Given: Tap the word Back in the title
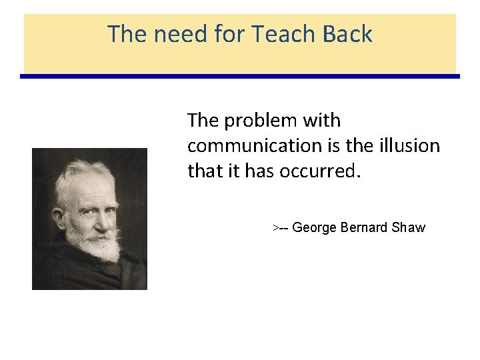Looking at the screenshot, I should [347, 33].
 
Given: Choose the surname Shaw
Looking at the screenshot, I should [409, 228].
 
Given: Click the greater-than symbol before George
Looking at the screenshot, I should [275, 228].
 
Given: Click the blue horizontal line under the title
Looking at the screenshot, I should [240, 77].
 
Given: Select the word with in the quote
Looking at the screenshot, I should [322, 121].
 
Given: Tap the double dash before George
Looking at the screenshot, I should [284, 228].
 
